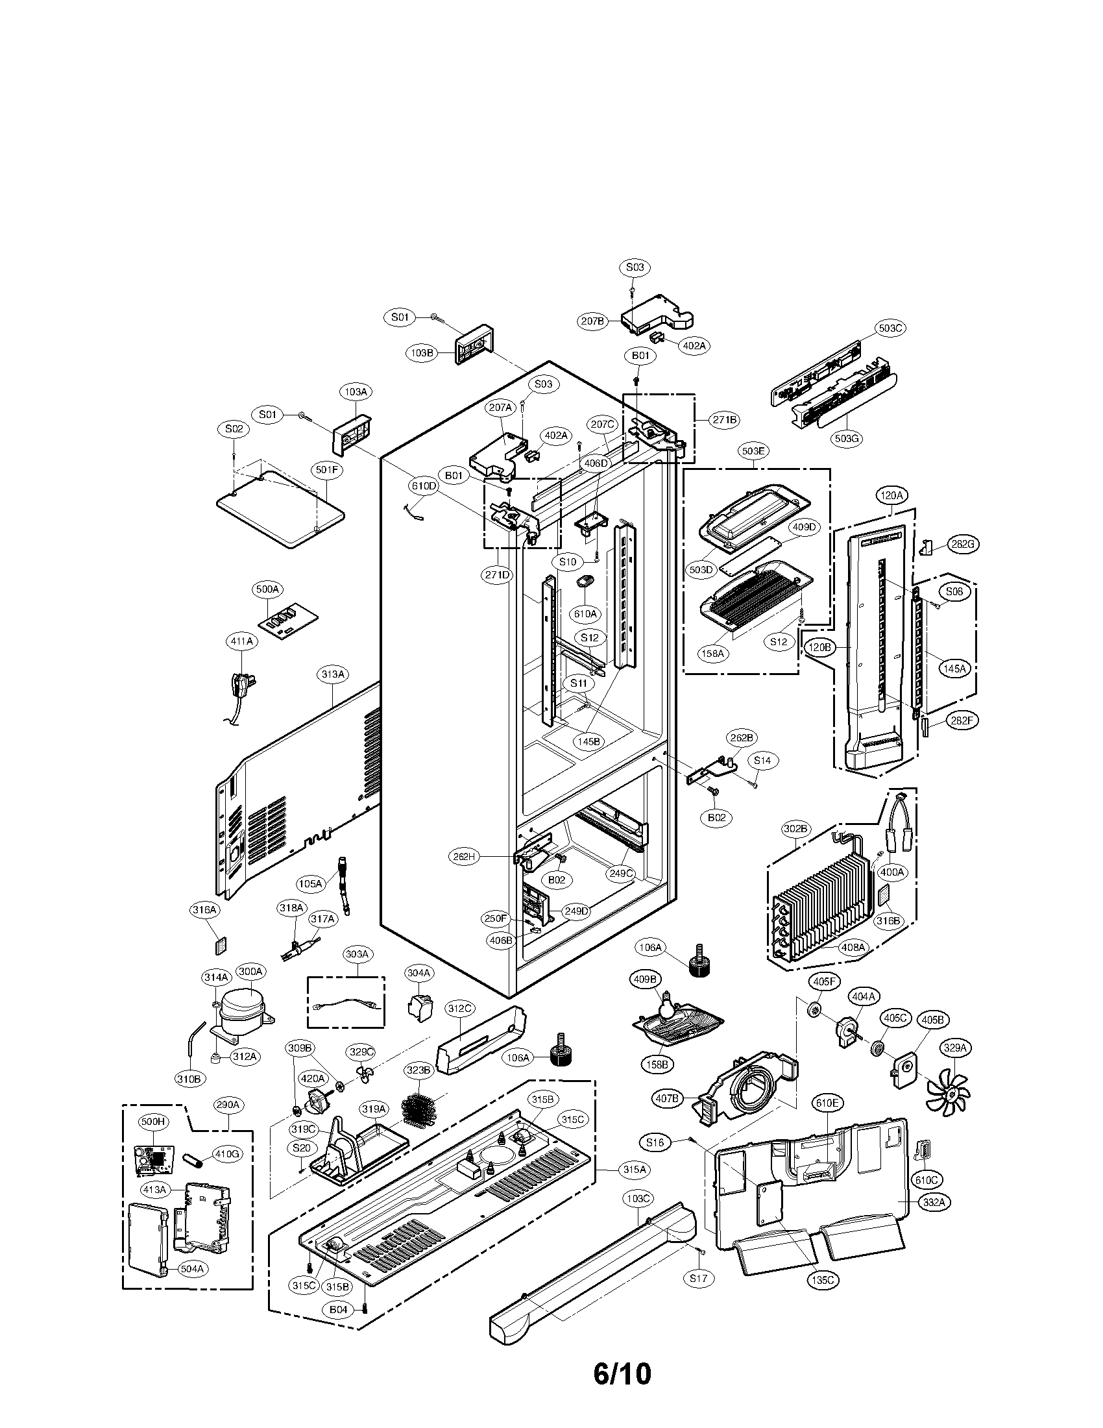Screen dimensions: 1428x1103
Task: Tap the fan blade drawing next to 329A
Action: tap(948, 1089)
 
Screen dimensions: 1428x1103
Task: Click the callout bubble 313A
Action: tap(333, 674)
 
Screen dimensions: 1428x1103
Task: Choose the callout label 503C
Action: tap(890, 328)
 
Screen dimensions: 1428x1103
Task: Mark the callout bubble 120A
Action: tap(891, 496)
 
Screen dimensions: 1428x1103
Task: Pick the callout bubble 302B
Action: tap(795, 829)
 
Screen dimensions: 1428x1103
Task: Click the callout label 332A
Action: tap(935, 1201)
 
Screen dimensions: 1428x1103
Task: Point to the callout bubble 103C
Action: tap(637, 1198)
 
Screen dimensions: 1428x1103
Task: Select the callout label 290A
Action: tap(228, 1105)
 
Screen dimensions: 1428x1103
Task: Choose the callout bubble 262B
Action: tap(742, 737)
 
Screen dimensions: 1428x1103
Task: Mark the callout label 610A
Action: tap(585, 613)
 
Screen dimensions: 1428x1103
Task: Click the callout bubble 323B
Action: tap(418, 1070)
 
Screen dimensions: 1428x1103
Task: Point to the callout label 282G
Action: tap(964, 544)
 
